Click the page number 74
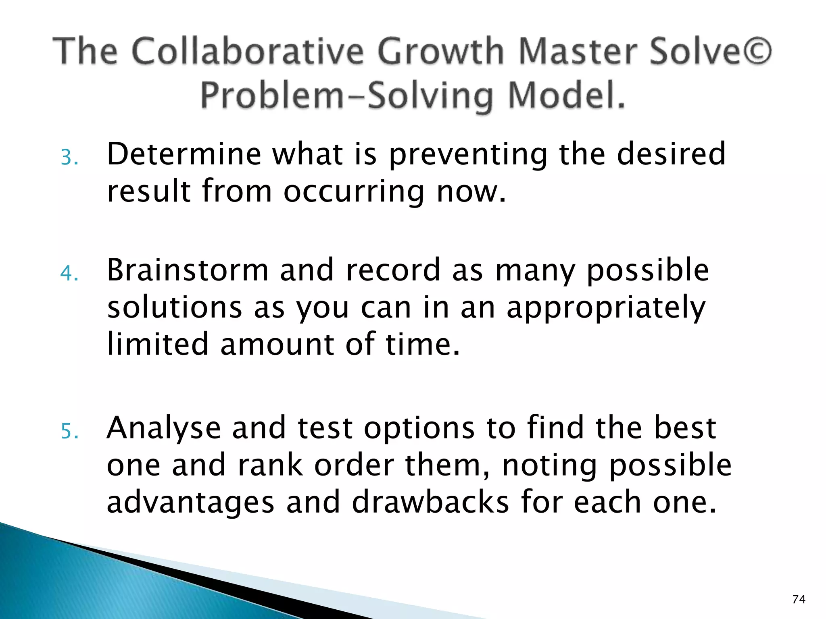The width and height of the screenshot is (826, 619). click(x=799, y=599)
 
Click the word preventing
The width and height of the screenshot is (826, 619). click(x=468, y=155)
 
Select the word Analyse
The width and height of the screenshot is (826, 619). click(x=163, y=428)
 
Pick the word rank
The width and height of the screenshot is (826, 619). click(x=270, y=465)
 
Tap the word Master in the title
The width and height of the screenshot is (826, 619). click(x=578, y=51)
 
